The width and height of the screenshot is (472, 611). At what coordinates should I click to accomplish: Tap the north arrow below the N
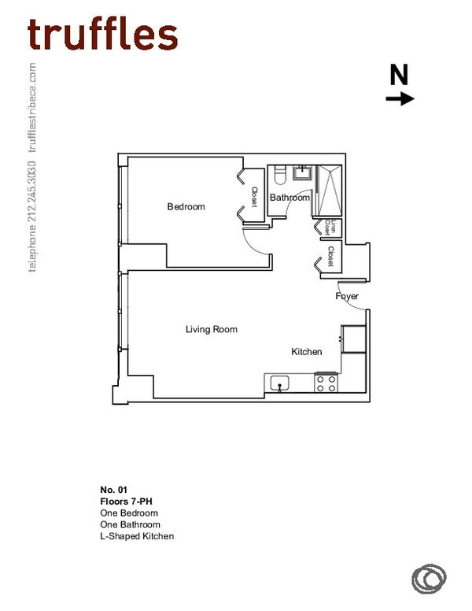coord(400,98)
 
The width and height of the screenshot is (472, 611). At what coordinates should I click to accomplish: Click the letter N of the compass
coord(400,75)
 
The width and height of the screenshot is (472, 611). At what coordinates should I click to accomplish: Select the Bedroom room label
coord(186,207)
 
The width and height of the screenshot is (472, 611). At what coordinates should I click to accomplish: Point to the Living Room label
coord(211,329)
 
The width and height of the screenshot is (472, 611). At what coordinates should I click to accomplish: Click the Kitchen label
coord(307,351)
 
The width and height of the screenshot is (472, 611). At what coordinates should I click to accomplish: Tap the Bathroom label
coord(289,198)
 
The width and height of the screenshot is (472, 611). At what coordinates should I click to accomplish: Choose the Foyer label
coord(347,297)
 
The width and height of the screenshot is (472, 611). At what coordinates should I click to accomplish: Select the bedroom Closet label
coord(254,197)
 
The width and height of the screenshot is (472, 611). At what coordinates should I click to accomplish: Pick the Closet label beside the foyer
coord(331,257)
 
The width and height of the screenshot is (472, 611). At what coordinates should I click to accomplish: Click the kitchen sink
coord(279,383)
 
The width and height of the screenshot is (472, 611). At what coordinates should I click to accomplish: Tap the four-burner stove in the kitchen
coord(326,383)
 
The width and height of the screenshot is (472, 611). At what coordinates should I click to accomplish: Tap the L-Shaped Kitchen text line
coord(137,536)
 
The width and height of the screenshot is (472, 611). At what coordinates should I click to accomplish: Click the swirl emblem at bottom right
coord(427,578)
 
